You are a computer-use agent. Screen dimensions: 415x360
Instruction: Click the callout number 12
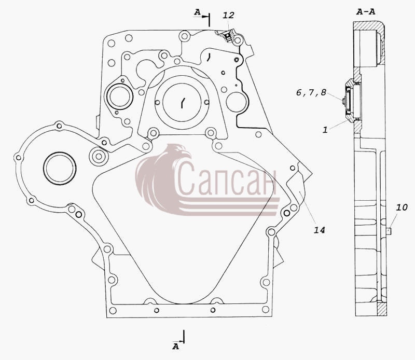228,16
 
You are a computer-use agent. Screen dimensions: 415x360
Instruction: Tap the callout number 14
319,230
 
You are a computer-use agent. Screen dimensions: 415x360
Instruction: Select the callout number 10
402,207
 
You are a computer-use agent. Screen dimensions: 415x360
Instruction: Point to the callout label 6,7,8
311,92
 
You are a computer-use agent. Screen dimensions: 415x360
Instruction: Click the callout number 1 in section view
325,130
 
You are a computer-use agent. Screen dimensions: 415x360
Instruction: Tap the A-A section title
366,11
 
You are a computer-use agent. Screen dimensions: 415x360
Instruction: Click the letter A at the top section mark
197,12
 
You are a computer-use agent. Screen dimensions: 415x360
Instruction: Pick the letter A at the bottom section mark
176,346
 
